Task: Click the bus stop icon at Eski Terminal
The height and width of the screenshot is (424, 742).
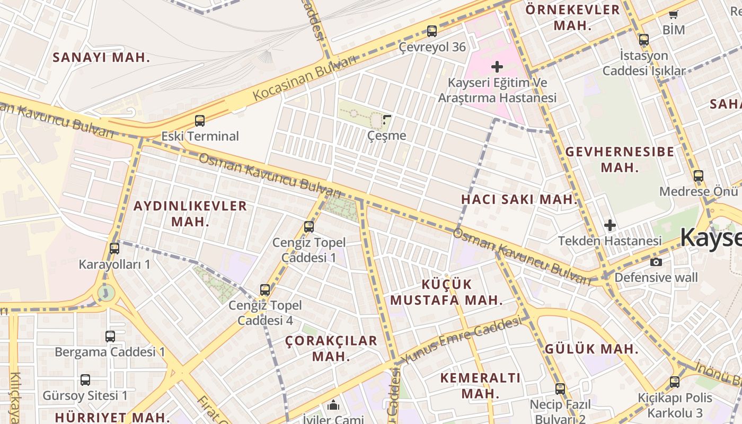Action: [x=200, y=121]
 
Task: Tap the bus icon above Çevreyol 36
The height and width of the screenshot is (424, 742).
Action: [x=432, y=31]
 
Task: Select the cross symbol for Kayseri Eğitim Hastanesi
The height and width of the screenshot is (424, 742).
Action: [x=497, y=67]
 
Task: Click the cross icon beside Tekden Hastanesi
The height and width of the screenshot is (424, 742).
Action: [x=610, y=225]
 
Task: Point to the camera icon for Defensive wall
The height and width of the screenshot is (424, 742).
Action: [x=656, y=262]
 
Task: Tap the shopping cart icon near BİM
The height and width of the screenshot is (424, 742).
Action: [x=674, y=14]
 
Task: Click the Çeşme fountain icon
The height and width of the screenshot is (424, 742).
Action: [x=387, y=120]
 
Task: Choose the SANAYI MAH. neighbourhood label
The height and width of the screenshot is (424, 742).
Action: [x=101, y=58]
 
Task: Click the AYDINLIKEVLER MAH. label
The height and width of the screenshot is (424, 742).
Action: [x=190, y=214]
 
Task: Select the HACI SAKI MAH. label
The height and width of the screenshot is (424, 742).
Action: [x=519, y=200]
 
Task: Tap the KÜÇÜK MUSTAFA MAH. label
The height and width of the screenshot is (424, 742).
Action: [x=446, y=292]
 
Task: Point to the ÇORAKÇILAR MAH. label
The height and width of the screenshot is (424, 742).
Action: [x=331, y=348]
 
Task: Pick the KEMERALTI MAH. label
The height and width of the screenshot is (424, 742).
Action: [x=481, y=385]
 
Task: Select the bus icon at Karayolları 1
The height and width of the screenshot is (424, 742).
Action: [x=114, y=248]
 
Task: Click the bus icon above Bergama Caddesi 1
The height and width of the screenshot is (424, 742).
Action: [x=110, y=336]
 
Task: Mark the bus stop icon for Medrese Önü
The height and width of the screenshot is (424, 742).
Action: [x=699, y=176]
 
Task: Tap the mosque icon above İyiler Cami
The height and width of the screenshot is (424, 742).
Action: [x=333, y=405]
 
